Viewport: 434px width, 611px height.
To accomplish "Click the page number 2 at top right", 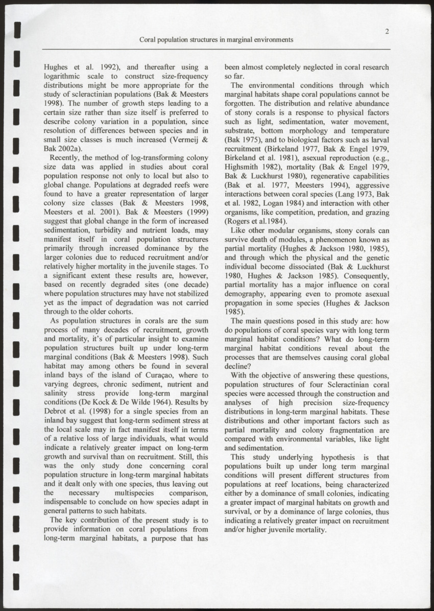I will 388,32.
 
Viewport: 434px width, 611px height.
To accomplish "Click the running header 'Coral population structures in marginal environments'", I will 216,40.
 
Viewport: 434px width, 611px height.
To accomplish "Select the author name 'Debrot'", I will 57,412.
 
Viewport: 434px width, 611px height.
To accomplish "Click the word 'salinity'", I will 57,393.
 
